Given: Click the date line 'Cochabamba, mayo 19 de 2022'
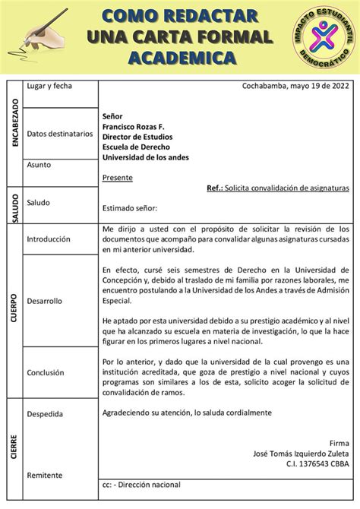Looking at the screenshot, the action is coord(295,86).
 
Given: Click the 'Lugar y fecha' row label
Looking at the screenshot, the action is coord(49,86).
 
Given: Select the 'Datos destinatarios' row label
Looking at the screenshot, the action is coord(59,134).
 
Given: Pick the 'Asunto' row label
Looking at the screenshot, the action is coord(39,164).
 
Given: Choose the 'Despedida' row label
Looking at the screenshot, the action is coord(45,414).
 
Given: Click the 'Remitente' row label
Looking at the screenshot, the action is coord(45,475).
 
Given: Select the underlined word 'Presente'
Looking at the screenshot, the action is coord(117,178).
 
